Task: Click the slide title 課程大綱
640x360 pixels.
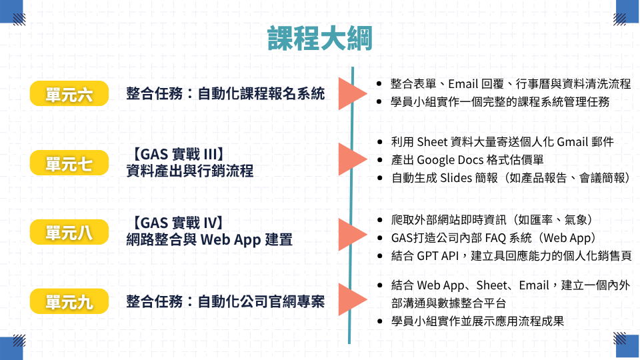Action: tap(319, 39)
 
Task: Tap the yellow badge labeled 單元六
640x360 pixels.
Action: tap(69, 93)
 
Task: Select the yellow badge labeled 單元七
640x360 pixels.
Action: tap(69, 163)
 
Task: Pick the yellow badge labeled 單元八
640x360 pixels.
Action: tap(69, 232)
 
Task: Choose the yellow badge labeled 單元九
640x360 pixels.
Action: tap(69, 301)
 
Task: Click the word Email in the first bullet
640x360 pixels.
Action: tap(463, 84)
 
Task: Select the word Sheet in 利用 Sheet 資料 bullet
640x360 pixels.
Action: tap(432, 142)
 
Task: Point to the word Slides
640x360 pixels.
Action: tap(455, 178)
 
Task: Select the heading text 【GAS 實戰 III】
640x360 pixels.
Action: tap(177, 154)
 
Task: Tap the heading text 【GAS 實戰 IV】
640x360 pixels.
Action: tap(176, 223)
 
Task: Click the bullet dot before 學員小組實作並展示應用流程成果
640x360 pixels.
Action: tap(380, 321)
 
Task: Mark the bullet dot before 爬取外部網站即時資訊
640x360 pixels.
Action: tap(380, 220)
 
